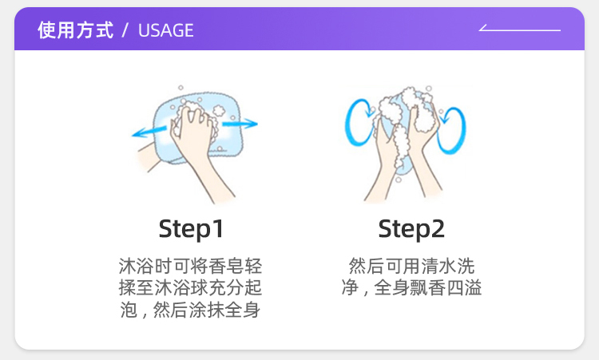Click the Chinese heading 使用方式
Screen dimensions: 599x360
point(75,30)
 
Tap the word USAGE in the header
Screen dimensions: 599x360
point(166,30)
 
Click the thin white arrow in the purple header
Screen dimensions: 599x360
point(520,29)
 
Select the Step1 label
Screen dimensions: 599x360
point(191,229)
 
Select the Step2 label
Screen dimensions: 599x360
point(411,229)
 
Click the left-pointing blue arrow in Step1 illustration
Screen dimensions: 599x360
point(150,132)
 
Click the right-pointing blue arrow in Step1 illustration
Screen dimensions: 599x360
point(240,123)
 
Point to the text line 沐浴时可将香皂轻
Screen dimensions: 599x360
point(190,266)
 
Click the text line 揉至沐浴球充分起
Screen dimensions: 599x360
point(190,287)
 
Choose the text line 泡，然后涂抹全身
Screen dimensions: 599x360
point(190,309)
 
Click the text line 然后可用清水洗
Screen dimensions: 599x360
point(411,266)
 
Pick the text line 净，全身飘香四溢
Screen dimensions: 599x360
point(411,287)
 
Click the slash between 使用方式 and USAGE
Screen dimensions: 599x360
point(125,30)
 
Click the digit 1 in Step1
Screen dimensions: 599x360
point(218,228)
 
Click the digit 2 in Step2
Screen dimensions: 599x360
point(438,228)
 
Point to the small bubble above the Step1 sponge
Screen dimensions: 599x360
point(180,88)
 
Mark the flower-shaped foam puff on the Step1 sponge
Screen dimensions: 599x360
point(219,111)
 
